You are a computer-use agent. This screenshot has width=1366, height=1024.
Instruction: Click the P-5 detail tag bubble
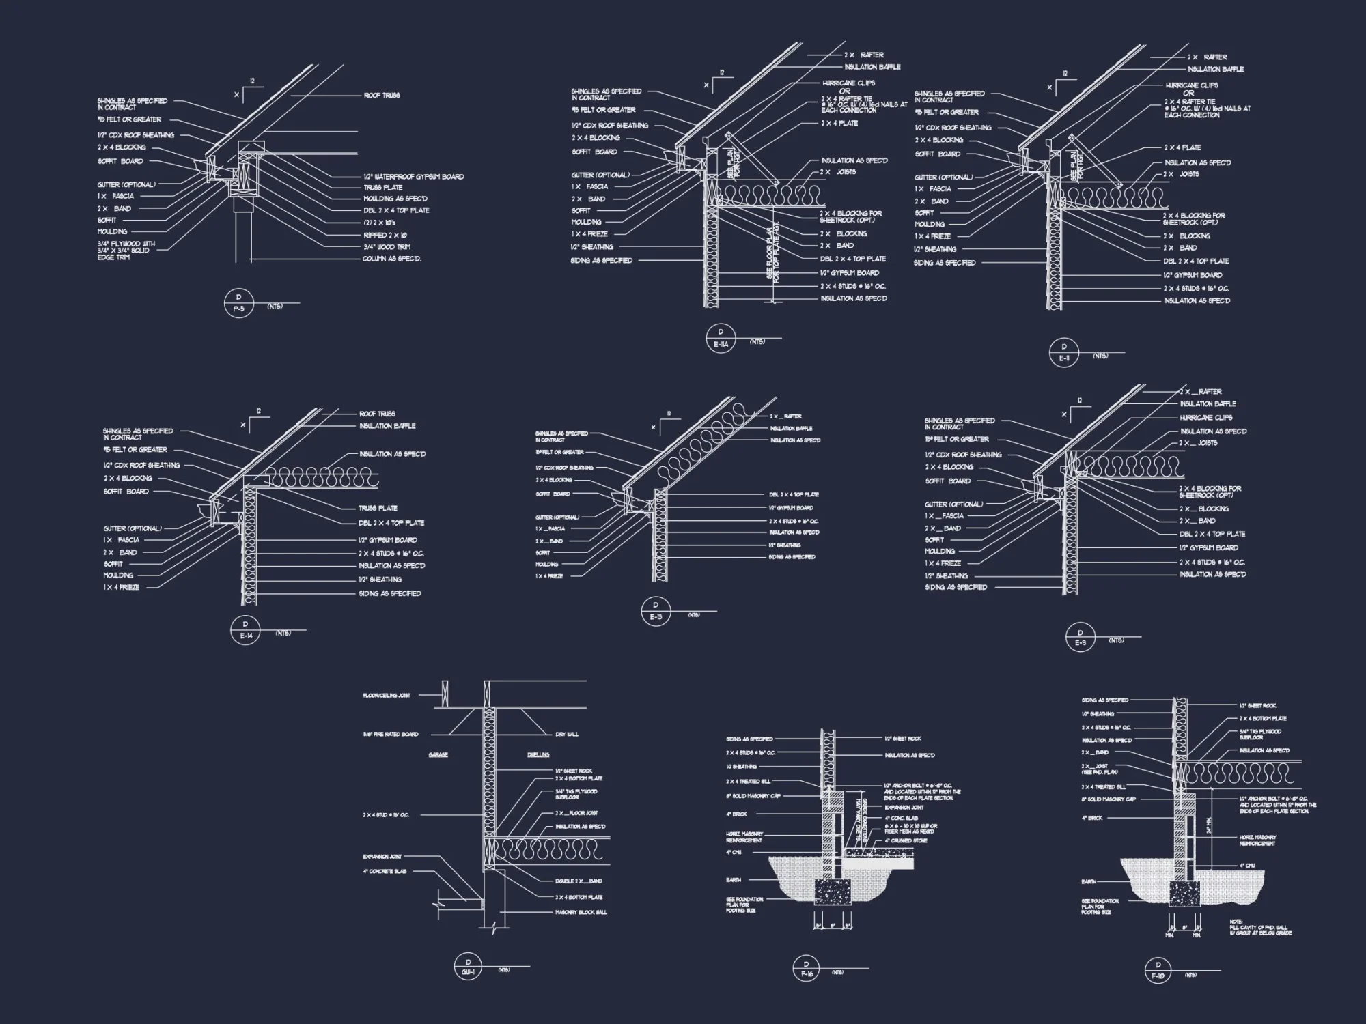tap(238, 302)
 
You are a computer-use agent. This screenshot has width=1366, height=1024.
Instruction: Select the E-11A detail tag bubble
tap(720, 338)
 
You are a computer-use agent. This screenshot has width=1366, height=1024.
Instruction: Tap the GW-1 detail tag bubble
tap(468, 967)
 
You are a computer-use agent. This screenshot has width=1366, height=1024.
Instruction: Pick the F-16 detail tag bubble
tap(807, 969)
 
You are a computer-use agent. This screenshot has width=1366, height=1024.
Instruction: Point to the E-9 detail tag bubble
tap(1080, 637)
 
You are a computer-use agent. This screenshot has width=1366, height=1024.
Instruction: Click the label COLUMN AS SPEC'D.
tap(391, 259)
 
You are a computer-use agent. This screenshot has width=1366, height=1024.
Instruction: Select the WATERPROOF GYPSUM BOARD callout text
tap(413, 177)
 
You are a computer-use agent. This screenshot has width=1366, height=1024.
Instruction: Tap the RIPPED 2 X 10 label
tap(385, 235)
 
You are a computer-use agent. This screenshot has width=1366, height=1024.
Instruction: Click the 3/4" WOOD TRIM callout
tap(387, 247)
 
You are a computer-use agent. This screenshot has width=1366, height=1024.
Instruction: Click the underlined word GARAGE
tap(438, 755)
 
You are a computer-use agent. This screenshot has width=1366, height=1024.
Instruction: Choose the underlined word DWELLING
tap(538, 755)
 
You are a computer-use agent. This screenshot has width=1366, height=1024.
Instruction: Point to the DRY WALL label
tap(567, 735)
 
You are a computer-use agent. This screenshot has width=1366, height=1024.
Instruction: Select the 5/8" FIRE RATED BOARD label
tap(391, 735)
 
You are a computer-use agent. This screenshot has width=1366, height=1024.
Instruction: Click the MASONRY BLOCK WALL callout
tap(581, 912)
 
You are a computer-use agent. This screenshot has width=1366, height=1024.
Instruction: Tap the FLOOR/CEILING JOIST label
tap(387, 696)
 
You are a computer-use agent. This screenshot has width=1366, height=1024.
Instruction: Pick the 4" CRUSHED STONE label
tap(906, 841)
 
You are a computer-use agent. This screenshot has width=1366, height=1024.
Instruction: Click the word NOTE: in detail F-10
tap(1236, 922)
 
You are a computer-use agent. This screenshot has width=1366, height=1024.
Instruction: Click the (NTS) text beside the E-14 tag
tap(283, 633)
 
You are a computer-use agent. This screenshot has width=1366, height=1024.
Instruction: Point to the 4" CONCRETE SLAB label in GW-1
tap(385, 872)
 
